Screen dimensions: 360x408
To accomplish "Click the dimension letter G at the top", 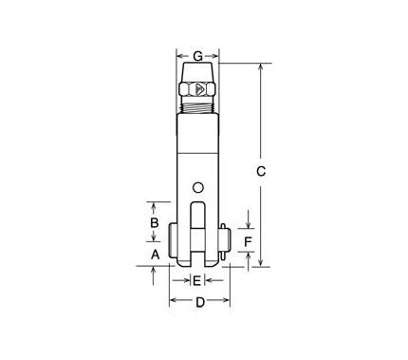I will pyautogui.click(x=197, y=55).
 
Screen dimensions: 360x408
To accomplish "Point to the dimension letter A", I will pyautogui.click(x=154, y=254).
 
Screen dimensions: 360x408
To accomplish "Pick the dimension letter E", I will pyautogui.click(x=196, y=280).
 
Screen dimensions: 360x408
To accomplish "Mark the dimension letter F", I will pyautogui.click(x=248, y=243).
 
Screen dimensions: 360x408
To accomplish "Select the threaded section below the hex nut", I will pyautogui.click(x=197, y=107).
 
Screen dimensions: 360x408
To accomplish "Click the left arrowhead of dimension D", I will pyautogui.click(x=173, y=303).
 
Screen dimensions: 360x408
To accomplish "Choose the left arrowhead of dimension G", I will pyautogui.click(x=179, y=55).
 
